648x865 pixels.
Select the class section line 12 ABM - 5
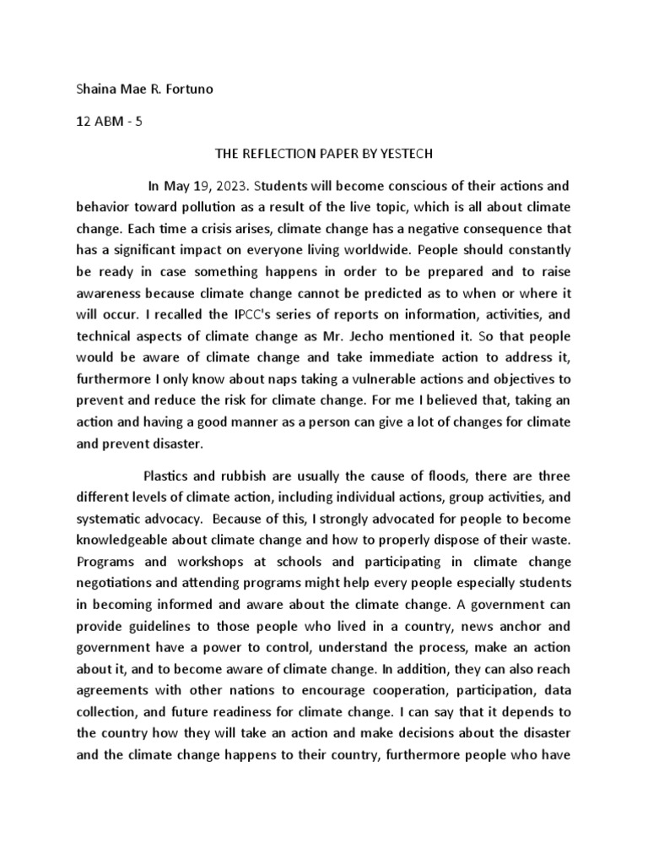click(x=109, y=121)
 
